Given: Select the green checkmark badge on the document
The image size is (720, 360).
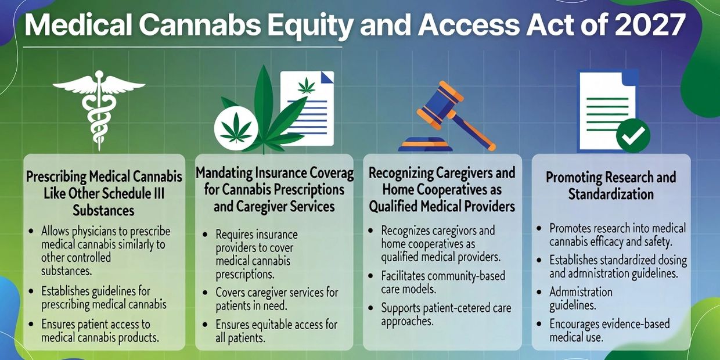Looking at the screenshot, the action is pos(633,135).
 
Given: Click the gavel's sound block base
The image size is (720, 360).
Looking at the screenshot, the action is pos(425,145).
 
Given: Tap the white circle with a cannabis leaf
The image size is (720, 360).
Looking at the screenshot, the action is pos(236,128).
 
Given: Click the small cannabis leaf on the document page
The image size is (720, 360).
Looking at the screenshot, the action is pos(307,86).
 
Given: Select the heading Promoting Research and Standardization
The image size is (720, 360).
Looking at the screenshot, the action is pos(611,186).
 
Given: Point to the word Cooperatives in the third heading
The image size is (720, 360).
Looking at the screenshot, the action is pos(451,190).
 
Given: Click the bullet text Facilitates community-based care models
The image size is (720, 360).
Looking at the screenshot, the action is pos(443,282).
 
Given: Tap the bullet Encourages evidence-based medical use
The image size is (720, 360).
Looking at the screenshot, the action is pos(610,330).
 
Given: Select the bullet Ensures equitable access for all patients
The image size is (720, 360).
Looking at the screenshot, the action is pos(276,331).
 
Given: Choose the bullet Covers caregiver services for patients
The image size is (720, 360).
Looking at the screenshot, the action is pos(277,299).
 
